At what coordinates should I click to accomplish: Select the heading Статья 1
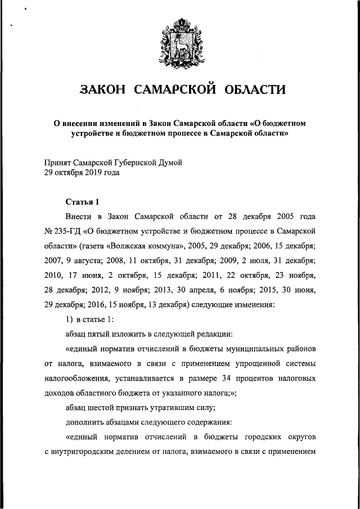(82, 201)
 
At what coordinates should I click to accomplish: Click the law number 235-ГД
(66, 231)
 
